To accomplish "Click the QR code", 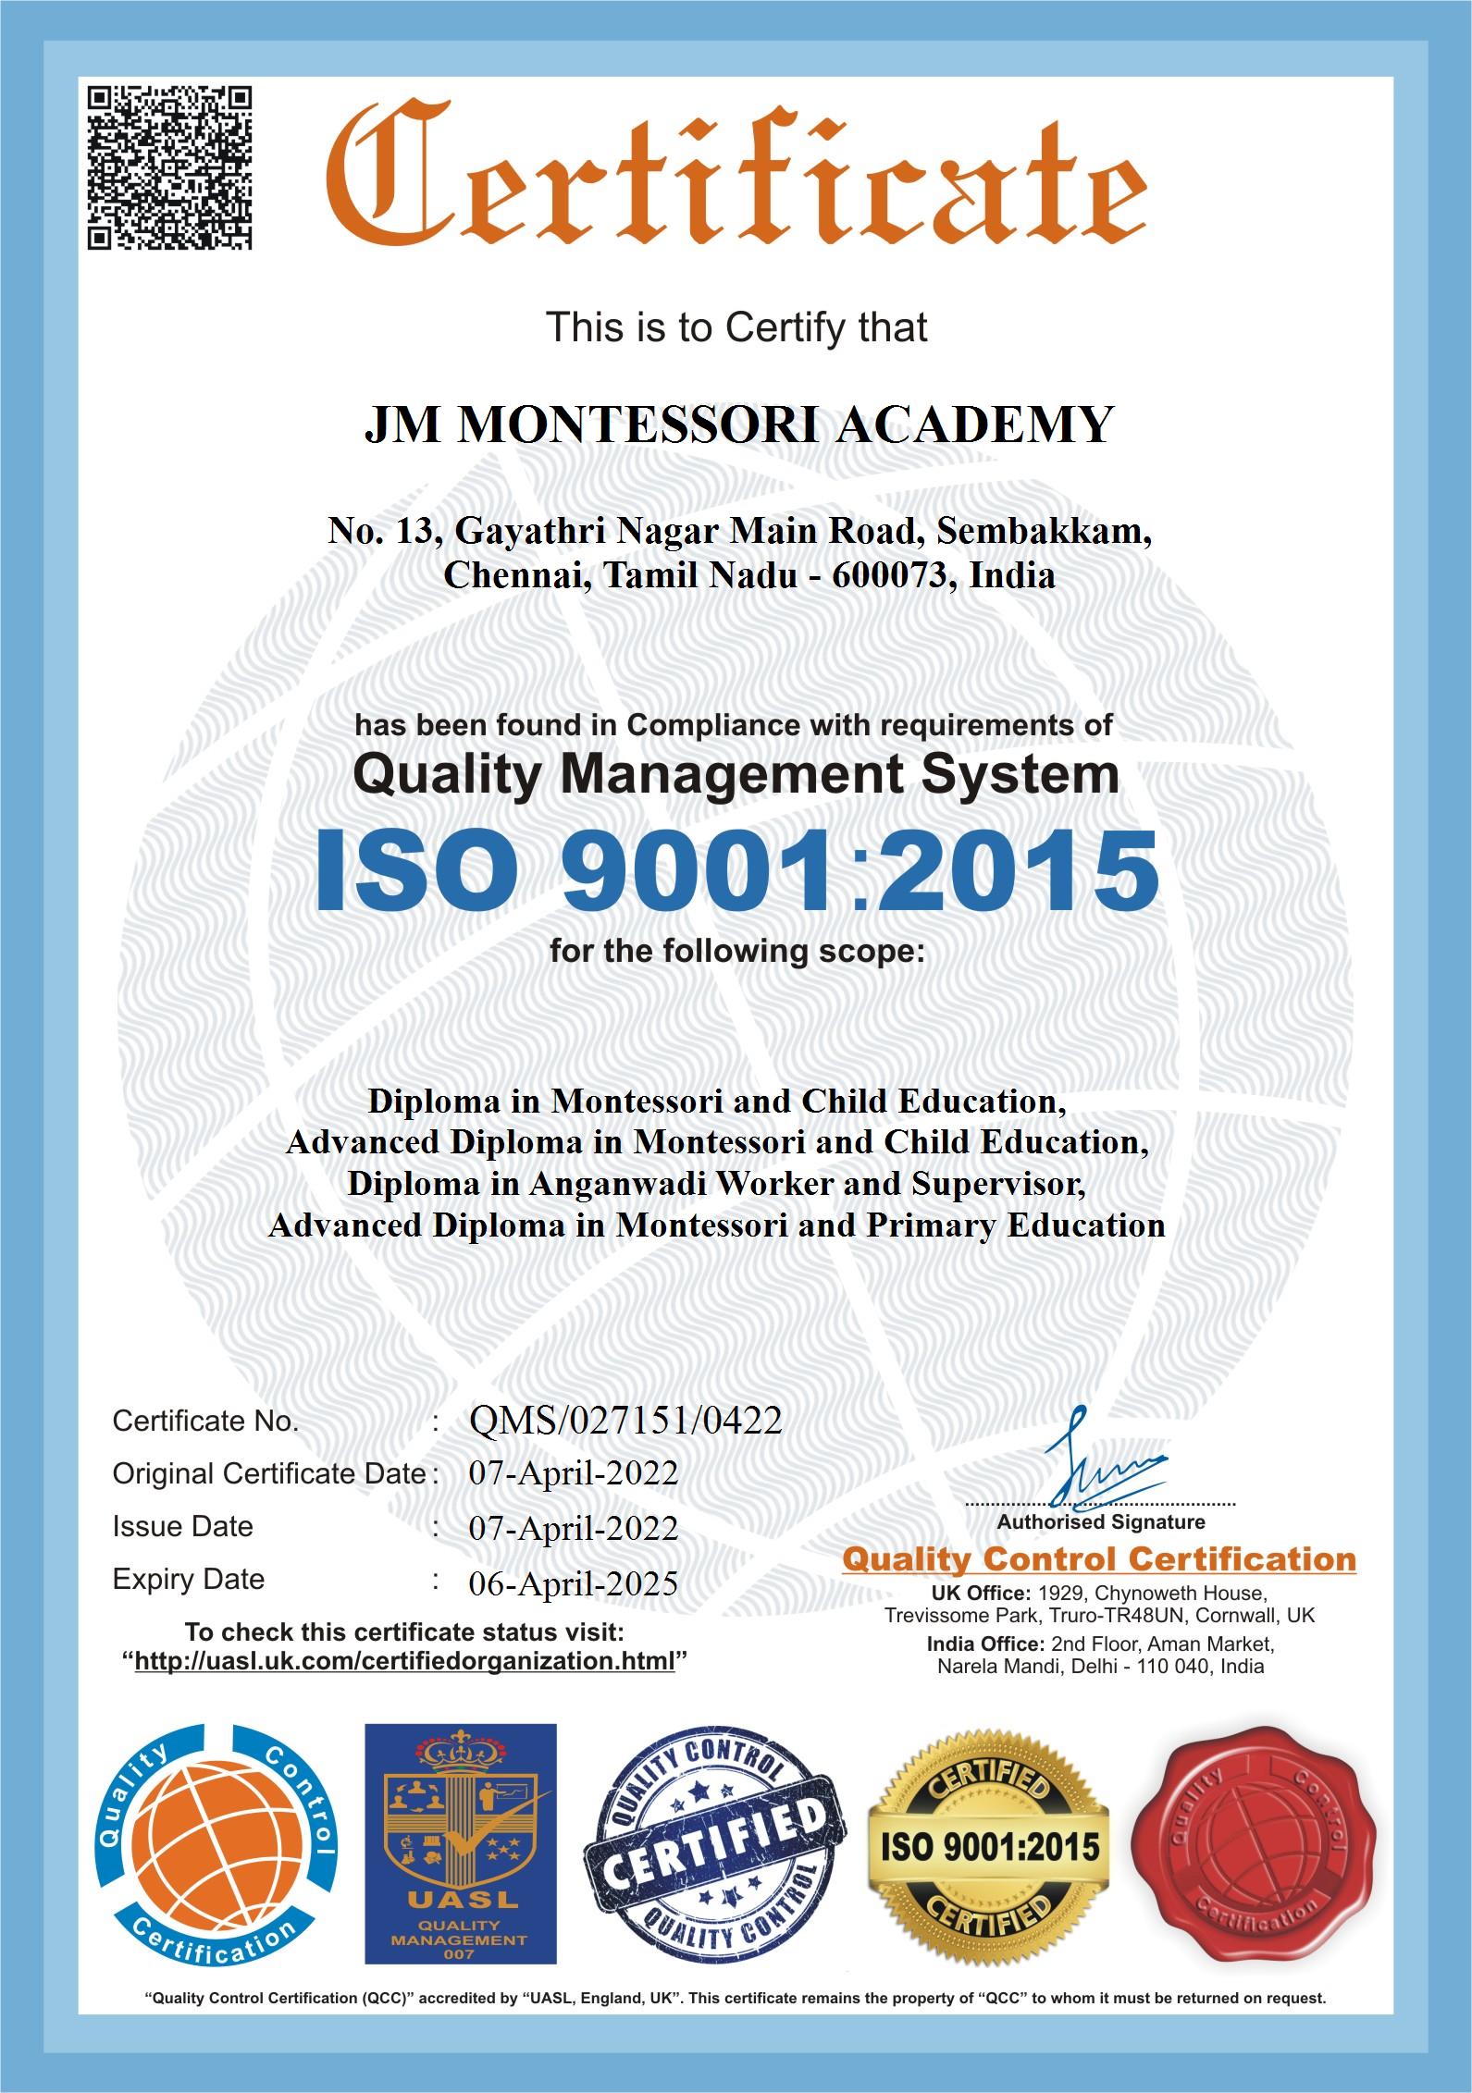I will coord(169,166).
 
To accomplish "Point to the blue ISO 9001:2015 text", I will coord(736,870).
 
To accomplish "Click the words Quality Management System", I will coord(736,774).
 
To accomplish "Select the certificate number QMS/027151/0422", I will coord(625,1420).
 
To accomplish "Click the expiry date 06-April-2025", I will coord(574,1582).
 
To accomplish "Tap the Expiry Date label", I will coord(189,1579).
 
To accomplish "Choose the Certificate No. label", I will coord(205,1421).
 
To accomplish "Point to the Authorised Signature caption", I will coord(1101,1521).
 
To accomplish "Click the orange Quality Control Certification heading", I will coord(1098,1560).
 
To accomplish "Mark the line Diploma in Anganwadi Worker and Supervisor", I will coord(715,1183).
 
